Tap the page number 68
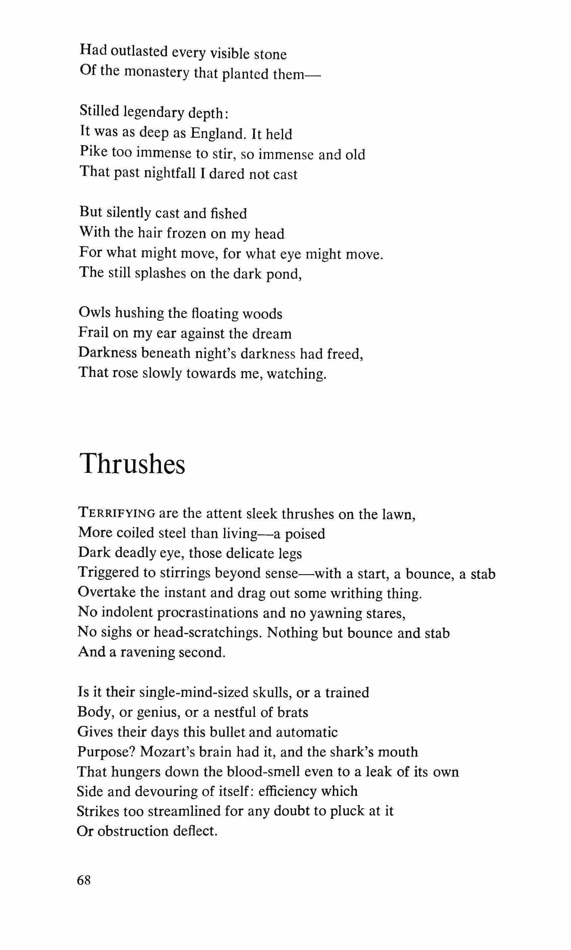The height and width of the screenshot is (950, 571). [x=84, y=880]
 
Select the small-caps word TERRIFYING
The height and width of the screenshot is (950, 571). [x=117, y=513]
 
